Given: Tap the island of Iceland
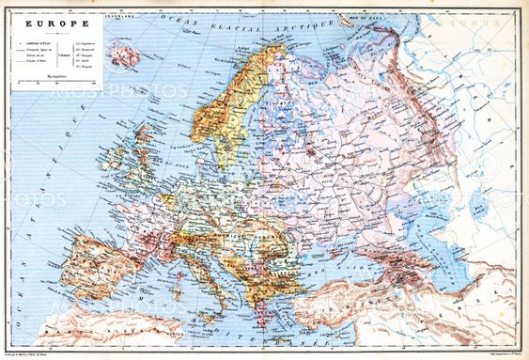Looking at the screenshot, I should (123, 57).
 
